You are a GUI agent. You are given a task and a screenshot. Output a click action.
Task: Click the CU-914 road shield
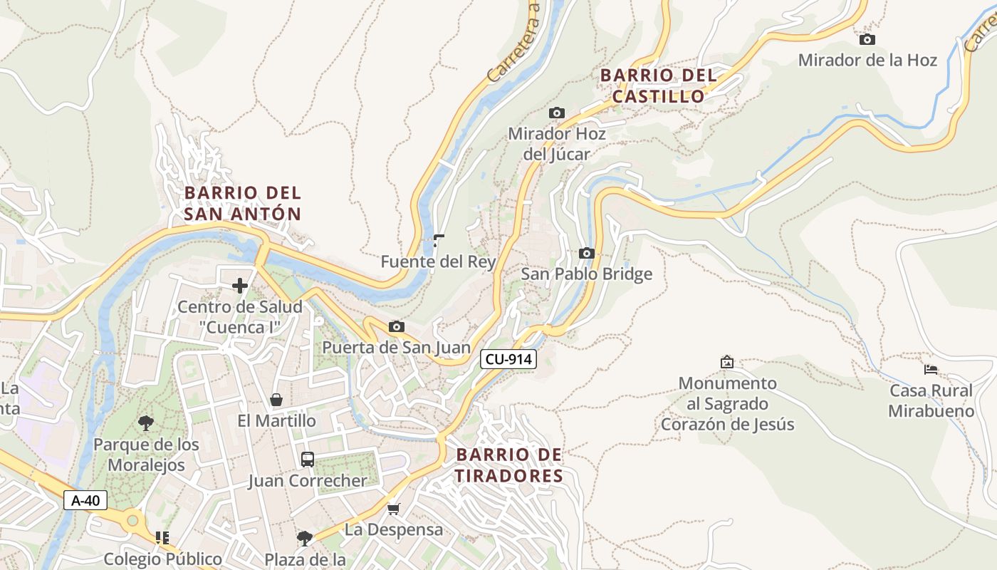click(x=508, y=359)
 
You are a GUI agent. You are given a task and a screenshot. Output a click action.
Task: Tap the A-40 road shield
click(x=85, y=500)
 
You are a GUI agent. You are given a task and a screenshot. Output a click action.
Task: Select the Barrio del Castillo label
click(x=657, y=85)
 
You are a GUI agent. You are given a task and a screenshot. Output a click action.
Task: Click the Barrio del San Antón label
click(x=243, y=203)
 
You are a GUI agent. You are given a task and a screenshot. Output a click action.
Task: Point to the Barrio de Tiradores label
click(x=509, y=465)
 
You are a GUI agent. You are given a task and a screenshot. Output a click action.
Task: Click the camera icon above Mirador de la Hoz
click(x=867, y=40)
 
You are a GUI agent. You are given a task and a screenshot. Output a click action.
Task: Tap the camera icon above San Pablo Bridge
click(x=586, y=254)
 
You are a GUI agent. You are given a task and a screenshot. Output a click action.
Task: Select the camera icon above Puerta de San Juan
click(x=397, y=327)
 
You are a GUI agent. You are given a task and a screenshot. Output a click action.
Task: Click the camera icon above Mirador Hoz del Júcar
click(x=556, y=113)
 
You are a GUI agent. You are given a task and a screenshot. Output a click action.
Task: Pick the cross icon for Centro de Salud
click(x=240, y=286)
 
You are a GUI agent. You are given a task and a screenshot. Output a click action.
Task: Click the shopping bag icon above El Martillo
click(x=276, y=400)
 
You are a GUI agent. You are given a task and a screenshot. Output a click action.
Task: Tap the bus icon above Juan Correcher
click(x=307, y=460)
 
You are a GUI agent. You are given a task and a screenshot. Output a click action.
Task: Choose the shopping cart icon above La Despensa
click(x=393, y=509)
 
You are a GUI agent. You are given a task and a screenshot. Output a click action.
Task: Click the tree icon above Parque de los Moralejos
click(x=146, y=423)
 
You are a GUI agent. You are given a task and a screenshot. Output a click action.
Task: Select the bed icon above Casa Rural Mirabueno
click(x=930, y=370)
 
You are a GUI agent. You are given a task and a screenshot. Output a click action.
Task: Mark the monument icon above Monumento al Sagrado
click(x=726, y=362)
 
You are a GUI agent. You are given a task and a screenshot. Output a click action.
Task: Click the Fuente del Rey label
click(x=438, y=261)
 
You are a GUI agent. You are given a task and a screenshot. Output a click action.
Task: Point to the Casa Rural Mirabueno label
click(x=931, y=400)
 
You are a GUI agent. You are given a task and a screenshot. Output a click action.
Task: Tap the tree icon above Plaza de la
click(x=305, y=538)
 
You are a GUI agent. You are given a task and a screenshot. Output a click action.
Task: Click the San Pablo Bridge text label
click(x=586, y=274)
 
